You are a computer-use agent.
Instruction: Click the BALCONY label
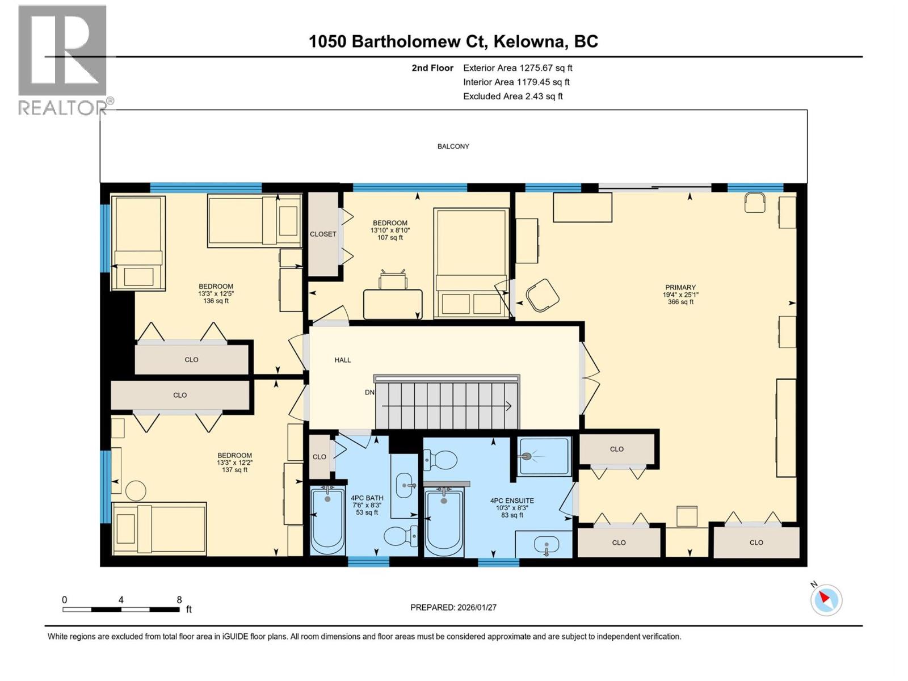click(x=453, y=146)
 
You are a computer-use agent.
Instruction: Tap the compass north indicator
click(x=826, y=599)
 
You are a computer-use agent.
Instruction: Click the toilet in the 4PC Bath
click(x=400, y=535)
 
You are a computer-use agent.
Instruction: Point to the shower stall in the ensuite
click(x=544, y=456)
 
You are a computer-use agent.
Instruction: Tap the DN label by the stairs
click(x=369, y=392)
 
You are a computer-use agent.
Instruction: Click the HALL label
click(x=342, y=360)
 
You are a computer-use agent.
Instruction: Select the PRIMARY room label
click(x=680, y=287)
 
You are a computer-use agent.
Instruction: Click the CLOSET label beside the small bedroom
click(x=323, y=234)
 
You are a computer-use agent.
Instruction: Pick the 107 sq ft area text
click(x=390, y=238)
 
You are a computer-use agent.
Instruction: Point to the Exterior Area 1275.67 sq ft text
click(x=518, y=68)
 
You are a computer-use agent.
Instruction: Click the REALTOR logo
click(x=62, y=60)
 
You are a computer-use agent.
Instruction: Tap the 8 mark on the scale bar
click(x=179, y=600)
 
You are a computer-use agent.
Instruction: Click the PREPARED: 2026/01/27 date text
click(x=453, y=607)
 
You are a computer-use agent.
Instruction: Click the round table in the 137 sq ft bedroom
click(x=136, y=491)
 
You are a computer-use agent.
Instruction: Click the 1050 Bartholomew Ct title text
click(x=453, y=41)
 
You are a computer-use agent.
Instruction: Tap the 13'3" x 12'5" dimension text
click(x=216, y=294)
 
